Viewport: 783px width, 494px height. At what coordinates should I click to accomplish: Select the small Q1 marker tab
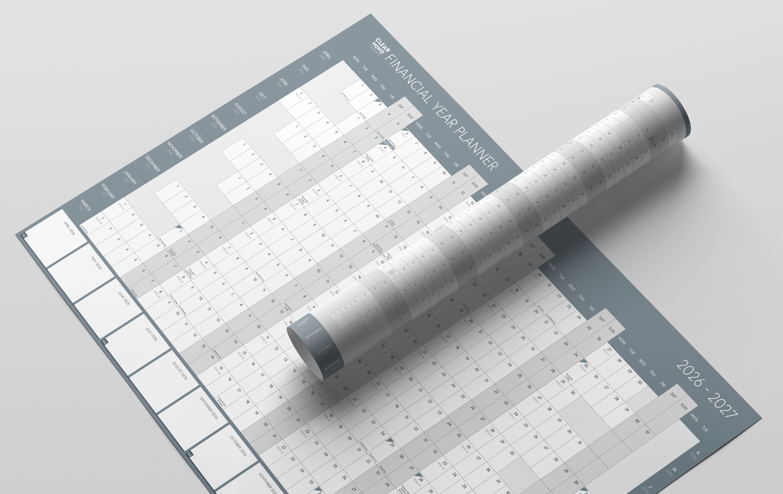[x=24, y=235]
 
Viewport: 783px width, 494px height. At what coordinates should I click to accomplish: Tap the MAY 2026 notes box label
[x=96, y=262]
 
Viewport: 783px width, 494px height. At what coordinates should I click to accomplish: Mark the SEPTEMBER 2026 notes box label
[x=208, y=407]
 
